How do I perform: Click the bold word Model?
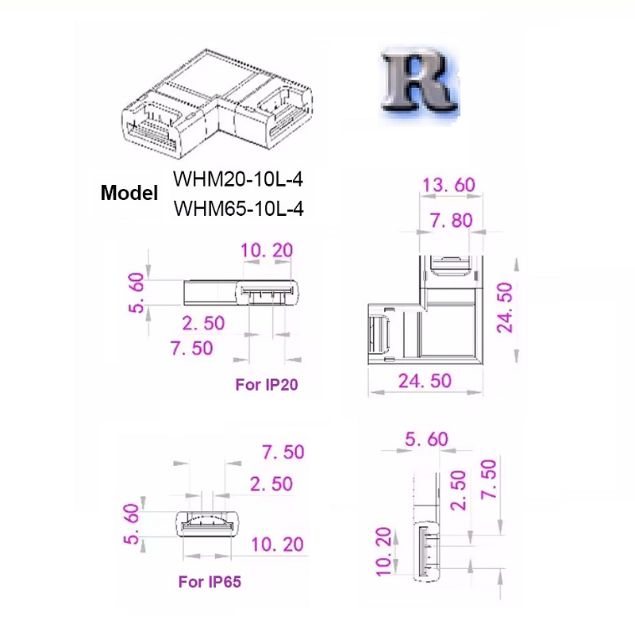tap(129, 193)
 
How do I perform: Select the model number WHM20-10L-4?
tap(237, 179)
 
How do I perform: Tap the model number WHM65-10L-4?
tap(237, 209)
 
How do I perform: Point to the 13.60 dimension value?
tap(448, 185)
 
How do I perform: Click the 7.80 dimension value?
tap(450, 220)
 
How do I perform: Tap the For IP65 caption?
tap(210, 582)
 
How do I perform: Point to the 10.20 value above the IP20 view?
tap(266, 251)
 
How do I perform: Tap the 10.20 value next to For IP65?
tap(277, 545)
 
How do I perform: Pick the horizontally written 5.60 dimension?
tap(426, 439)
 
